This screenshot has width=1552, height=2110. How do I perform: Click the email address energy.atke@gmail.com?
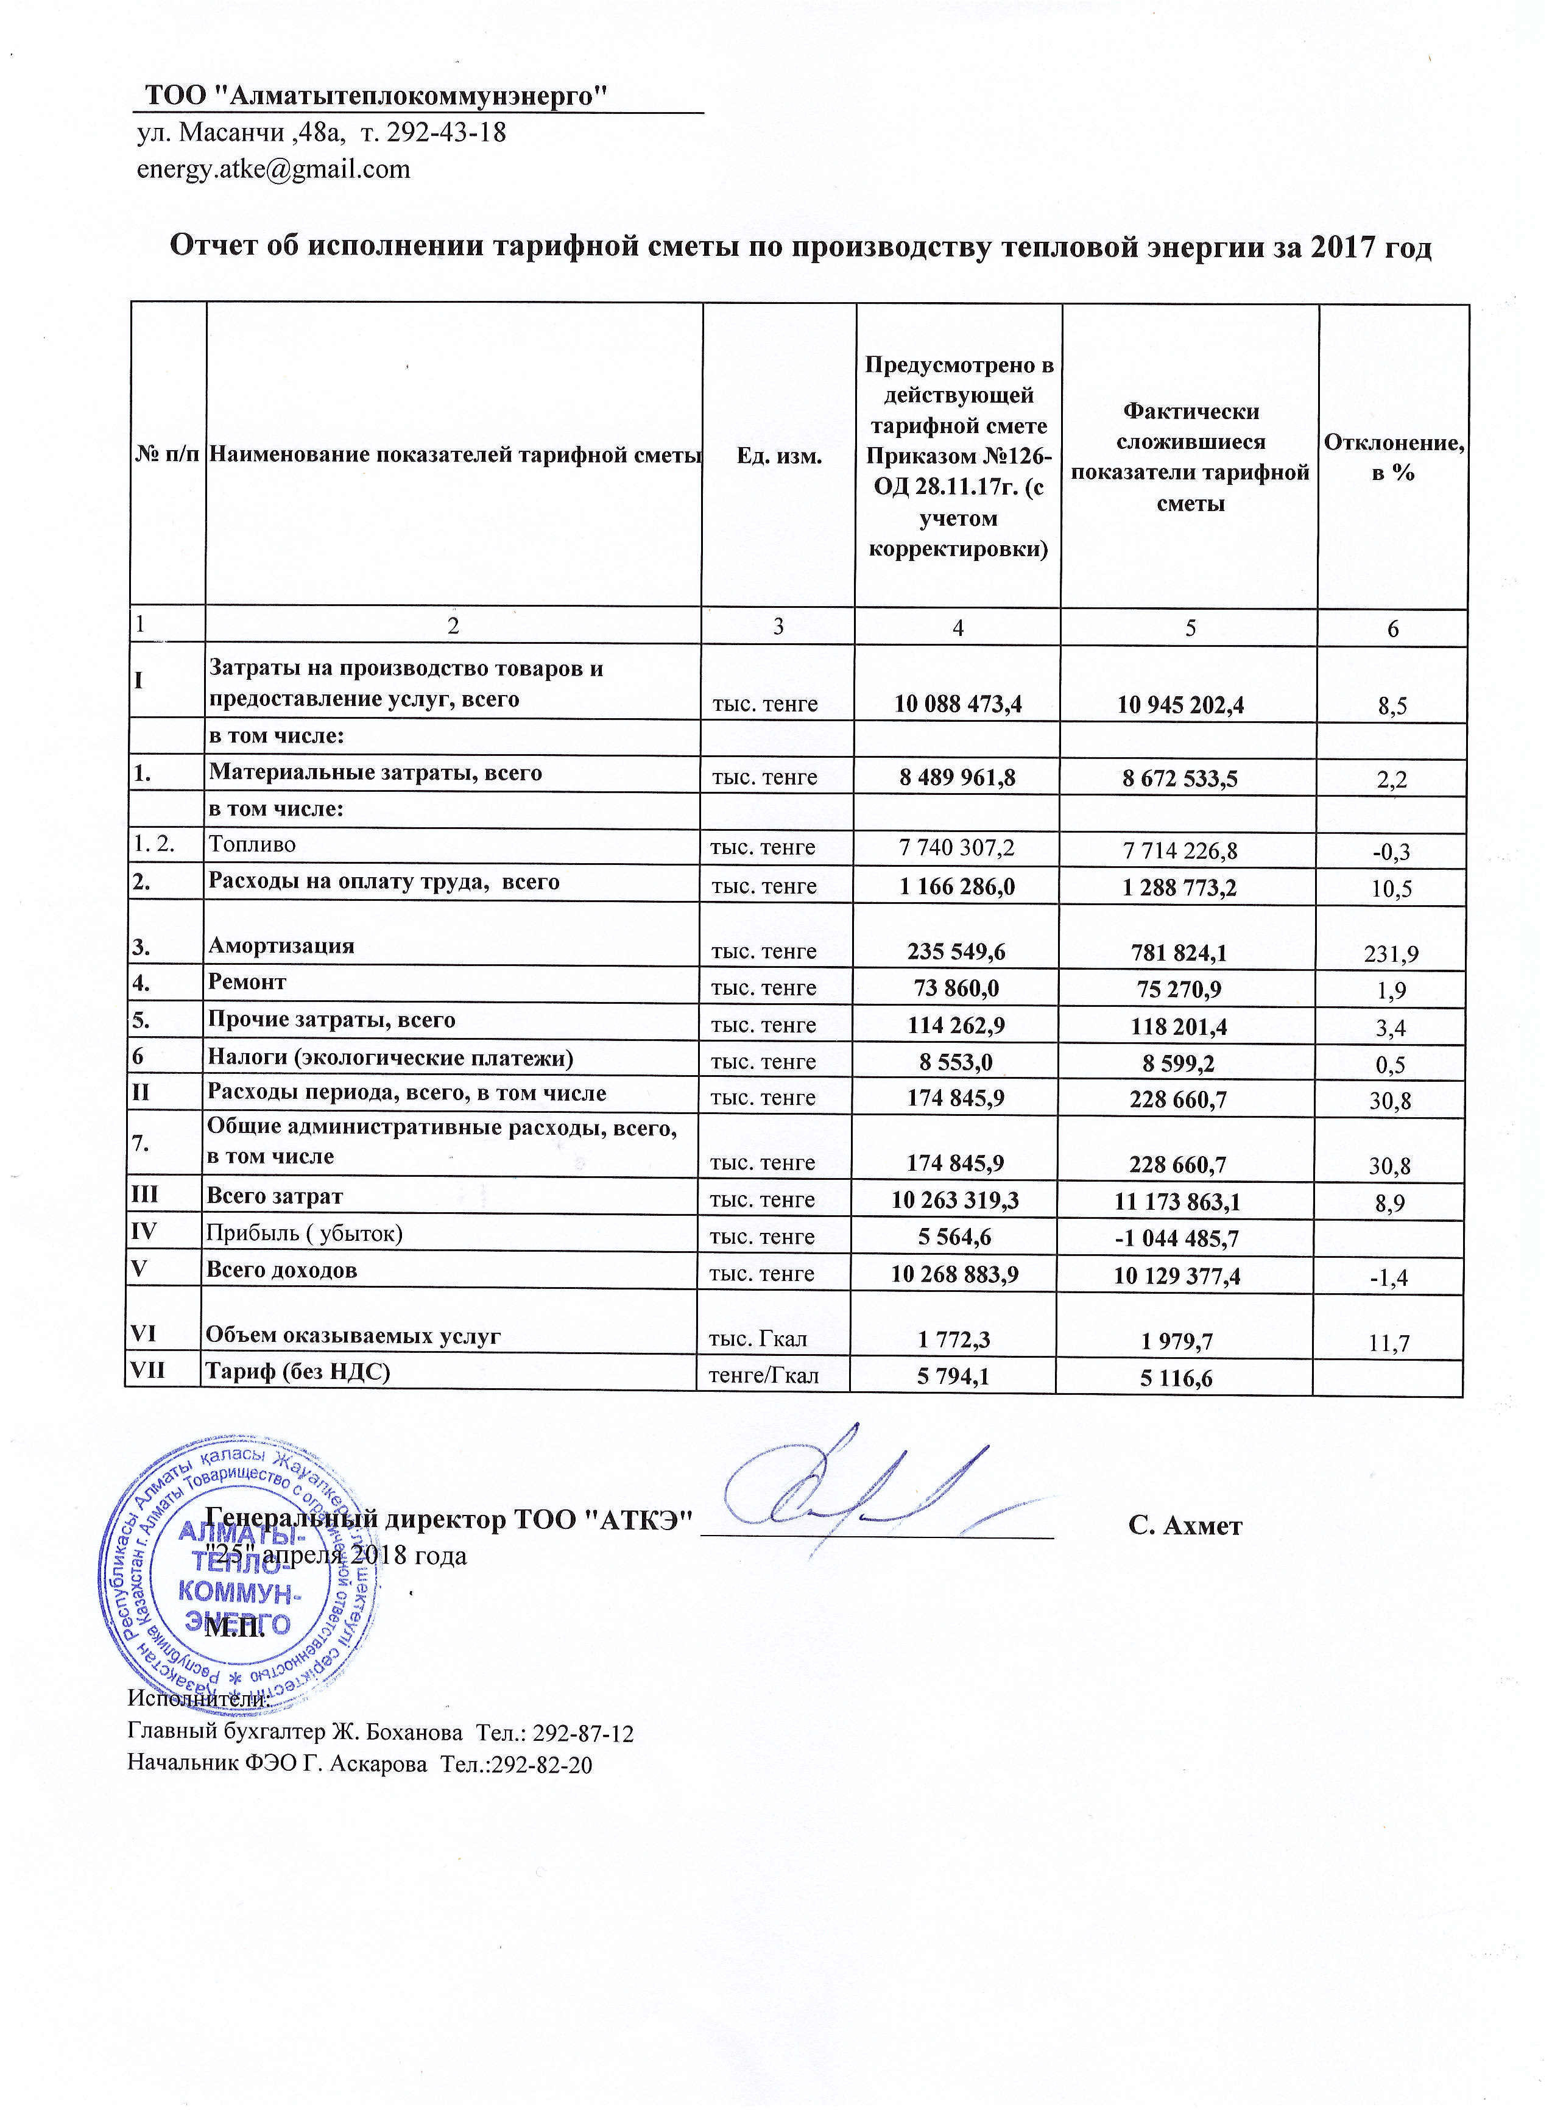(x=273, y=169)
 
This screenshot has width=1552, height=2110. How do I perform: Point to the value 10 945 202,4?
(x=1181, y=705)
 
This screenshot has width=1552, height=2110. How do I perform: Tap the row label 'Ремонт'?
(x=247, y=983)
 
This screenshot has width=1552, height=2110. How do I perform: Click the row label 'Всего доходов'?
(x=282, y=1271)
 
